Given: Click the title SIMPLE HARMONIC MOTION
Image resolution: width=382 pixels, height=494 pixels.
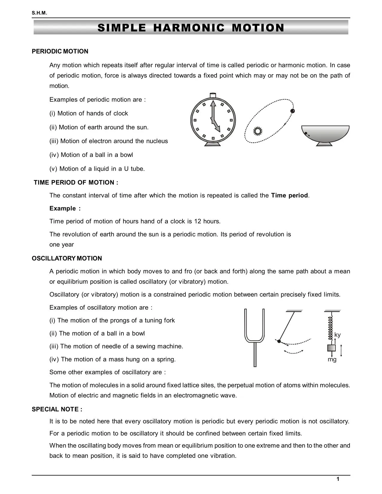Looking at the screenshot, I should coord(191,28).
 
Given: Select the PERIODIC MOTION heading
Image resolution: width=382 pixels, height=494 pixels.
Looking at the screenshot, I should coord(60,51).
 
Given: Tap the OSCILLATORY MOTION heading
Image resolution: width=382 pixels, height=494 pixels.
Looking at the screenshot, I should coord(67,258).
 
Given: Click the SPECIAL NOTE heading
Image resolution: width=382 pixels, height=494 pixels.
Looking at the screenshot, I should coord(57,409).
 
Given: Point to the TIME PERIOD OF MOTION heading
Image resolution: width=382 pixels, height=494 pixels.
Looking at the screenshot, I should coord(76,183).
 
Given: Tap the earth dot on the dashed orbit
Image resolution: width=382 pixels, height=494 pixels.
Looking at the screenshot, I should coord(293,111).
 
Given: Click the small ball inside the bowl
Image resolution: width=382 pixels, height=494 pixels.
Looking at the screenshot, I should coord(306,133).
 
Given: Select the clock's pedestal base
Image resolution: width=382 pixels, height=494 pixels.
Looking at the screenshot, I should coord(213,144).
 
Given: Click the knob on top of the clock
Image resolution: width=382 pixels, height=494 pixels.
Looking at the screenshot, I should coord(213,95).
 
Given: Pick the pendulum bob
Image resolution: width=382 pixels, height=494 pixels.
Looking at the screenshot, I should coord(279,341).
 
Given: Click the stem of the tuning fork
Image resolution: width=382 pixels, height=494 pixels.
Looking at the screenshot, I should coord(255,355).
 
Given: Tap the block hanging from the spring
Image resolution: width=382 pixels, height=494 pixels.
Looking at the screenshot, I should coord(331,348).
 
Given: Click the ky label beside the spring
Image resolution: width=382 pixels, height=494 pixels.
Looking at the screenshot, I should coord(337,335).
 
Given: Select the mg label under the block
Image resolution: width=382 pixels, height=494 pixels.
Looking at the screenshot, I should coord(332,360).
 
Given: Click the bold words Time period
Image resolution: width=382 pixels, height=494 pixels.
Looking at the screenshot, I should coord(289,196).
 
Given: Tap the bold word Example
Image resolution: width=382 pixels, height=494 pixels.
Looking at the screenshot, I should coord(63,208).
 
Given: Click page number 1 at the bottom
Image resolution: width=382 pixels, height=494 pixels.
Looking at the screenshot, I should coord(338,479).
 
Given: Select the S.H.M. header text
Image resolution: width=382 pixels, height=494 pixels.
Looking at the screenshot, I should coord(39,13).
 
